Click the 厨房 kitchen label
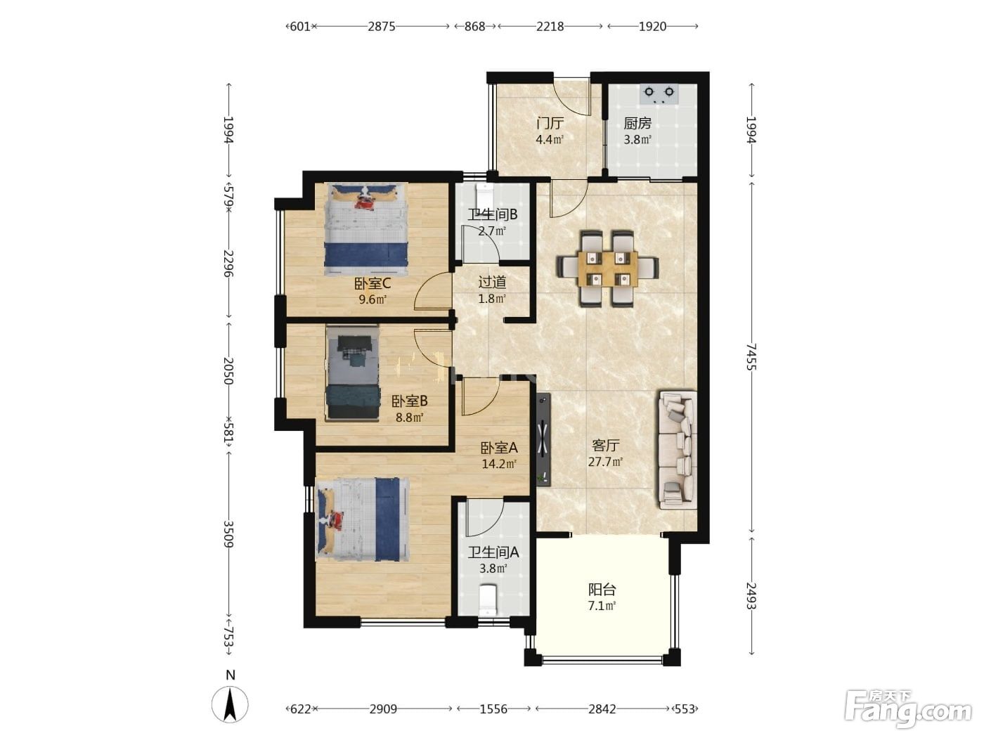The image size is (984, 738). (637, 123)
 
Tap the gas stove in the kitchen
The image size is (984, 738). (659, 95)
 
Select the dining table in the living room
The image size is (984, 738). (607, 268)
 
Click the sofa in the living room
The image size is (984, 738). (678, 450)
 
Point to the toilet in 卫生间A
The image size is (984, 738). (488, 600)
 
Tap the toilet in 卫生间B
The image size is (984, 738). (484, 194)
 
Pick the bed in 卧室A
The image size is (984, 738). (363, 519)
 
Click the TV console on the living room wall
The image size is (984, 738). (543, 439)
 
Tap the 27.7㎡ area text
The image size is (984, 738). (605, 462)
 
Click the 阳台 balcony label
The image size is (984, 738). (602, 589)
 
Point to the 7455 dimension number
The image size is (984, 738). (751, 356)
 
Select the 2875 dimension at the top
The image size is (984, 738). (382, 27)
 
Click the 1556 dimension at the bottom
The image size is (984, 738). (493, 709)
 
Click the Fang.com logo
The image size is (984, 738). (909, 708)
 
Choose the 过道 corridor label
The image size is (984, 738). (492, 282)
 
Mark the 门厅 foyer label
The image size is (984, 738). (550, 123)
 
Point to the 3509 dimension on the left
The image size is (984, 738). (228, 533)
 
